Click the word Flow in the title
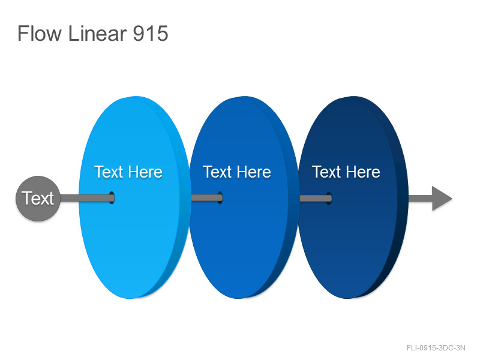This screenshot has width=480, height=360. (40, 33)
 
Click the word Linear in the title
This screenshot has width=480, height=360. (97, 33)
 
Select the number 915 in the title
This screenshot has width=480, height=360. (151, 34)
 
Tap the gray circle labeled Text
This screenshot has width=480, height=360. (38, 199)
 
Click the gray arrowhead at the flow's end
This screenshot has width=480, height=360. (442, 199)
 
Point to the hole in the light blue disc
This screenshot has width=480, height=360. (112, 198)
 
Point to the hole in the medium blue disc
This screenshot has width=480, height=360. (220, 198)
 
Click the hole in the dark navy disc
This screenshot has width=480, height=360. (329, 198)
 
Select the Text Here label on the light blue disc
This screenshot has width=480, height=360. (128, 172)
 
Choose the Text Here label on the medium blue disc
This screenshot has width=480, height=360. (237, 172)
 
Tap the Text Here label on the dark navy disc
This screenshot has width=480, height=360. (346, 172)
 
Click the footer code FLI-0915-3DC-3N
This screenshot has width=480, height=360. (436, 348)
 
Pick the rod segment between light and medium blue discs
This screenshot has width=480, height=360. (206, 198)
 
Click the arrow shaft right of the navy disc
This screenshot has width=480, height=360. (421, 198)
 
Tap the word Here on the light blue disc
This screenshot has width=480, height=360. (145, 172)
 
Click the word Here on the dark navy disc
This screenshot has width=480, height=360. (363, 172)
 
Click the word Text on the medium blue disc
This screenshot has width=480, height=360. (217, 172)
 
